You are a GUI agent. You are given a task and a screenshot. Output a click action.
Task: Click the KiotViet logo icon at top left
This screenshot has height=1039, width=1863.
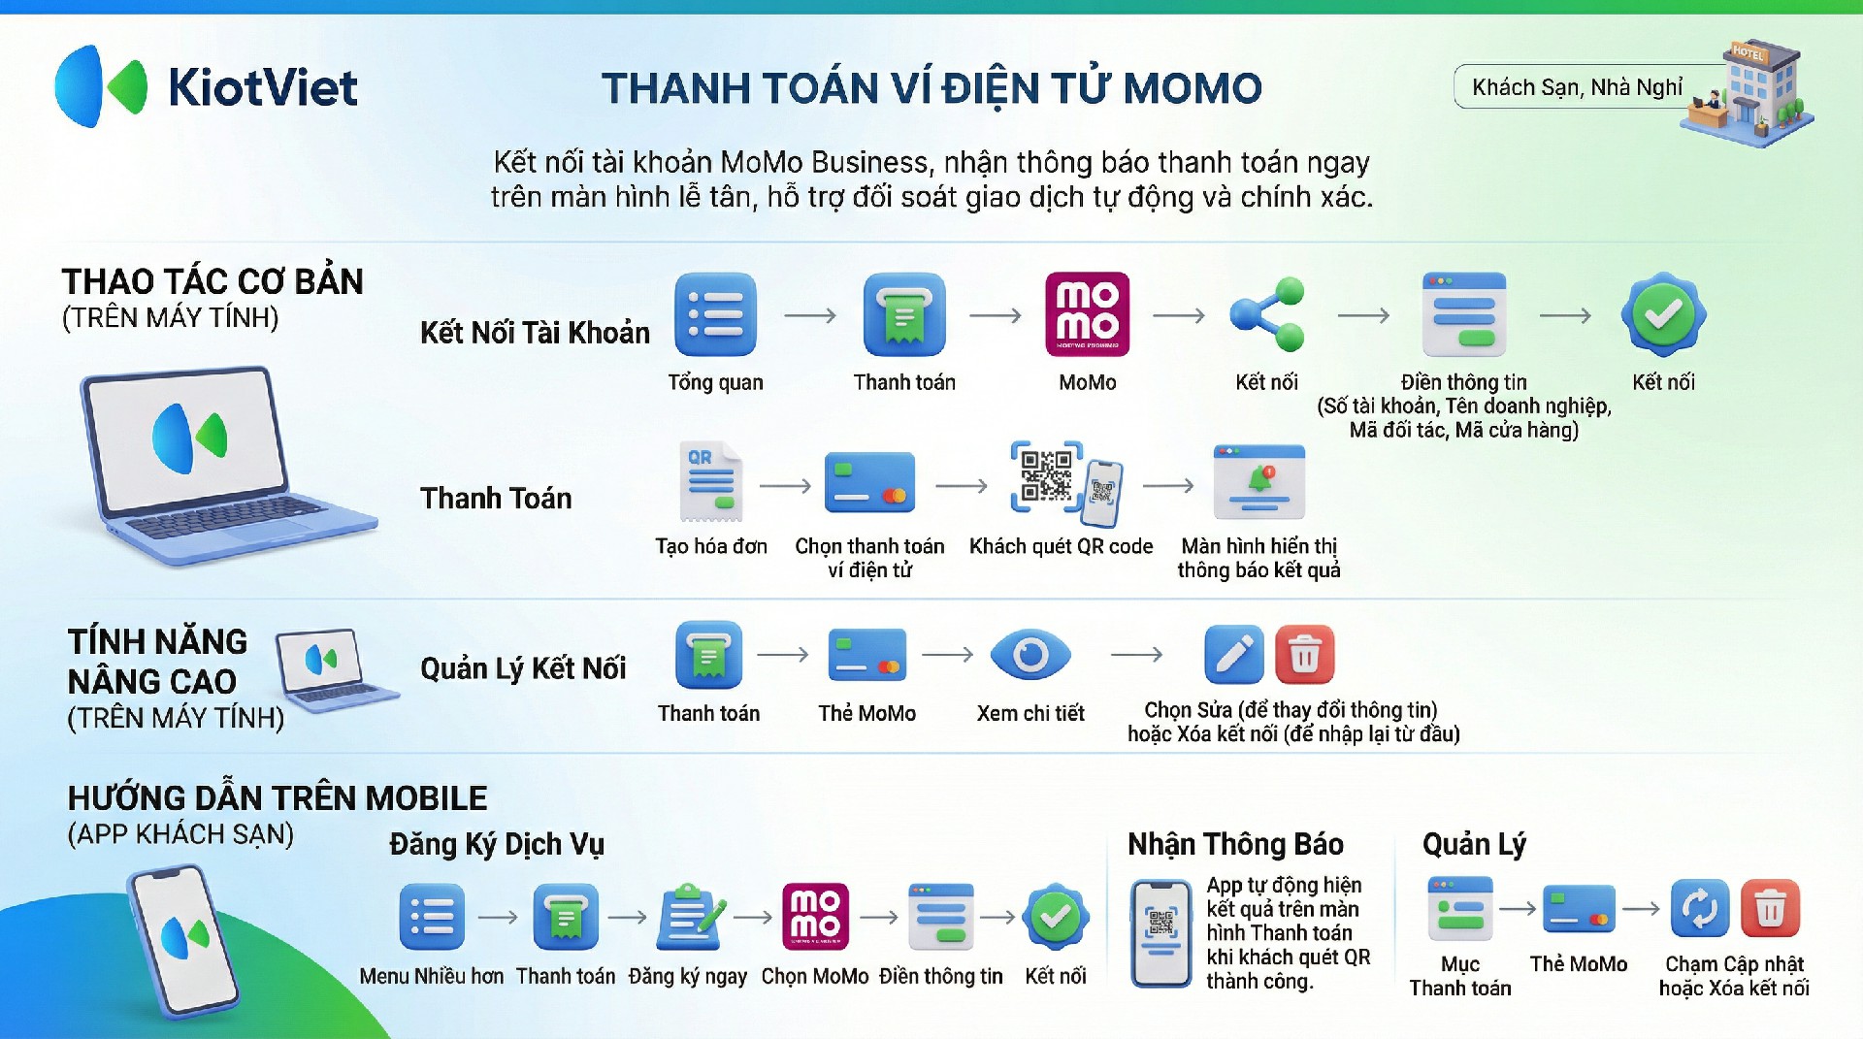point(101,86)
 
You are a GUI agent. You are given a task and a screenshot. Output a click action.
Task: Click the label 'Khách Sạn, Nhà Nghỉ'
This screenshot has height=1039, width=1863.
point(1577,87)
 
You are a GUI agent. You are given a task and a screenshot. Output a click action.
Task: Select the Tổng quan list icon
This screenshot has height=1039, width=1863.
point(715,315)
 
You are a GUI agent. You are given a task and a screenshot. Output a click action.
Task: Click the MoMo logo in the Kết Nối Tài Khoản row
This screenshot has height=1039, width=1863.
point(1087,314)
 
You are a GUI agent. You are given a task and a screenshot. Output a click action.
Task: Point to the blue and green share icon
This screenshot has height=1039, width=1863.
point(1266,313)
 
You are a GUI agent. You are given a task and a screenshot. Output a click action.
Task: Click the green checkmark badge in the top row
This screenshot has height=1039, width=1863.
point(1663,314)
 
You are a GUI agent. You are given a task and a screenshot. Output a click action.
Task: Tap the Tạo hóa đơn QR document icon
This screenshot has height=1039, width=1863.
point(711,482)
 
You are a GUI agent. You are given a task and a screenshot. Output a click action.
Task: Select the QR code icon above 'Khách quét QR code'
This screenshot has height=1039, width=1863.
point(1065,482)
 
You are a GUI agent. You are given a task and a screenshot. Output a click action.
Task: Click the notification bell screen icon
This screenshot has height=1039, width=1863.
point(1258,482)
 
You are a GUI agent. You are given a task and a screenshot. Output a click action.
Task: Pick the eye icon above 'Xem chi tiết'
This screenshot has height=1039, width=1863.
point(1030,656)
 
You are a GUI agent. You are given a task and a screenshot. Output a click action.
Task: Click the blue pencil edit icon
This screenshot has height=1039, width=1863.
point(1233,655)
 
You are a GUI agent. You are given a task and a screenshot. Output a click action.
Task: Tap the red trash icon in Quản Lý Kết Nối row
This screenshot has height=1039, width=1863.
point(1304,655)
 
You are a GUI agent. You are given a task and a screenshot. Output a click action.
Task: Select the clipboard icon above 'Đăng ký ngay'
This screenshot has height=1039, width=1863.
point(690,917)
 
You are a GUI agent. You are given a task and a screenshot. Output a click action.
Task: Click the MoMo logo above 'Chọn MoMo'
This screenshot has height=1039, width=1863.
point(815,916)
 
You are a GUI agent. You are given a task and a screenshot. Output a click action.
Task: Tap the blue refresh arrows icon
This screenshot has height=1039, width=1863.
point(1699,908)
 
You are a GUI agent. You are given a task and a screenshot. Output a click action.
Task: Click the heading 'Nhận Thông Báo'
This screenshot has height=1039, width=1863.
point(1235,844)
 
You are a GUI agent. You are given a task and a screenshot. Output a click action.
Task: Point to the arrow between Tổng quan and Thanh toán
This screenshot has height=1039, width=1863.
point(810,315)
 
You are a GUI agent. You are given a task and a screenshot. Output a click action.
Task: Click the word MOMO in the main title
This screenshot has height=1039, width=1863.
point(1193,88)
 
